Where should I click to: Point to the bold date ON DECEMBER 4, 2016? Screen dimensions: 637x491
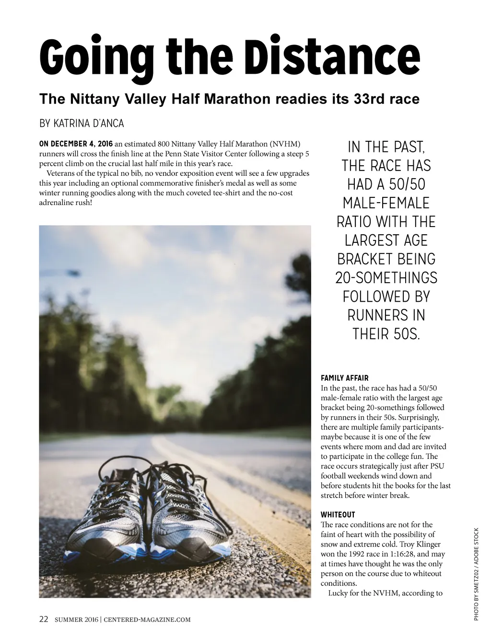pyautogui.click(x=76, y=144)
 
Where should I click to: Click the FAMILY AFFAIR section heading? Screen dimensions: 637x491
pyautogui.click(x=344, y=378)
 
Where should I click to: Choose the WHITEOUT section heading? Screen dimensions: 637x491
pyautogui.click(x=338, y=515)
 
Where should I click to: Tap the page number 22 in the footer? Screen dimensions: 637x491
pyautogui.click(x=44, y=619)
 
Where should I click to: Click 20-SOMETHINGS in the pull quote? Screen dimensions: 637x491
pyautogui.click(x=386, y=278)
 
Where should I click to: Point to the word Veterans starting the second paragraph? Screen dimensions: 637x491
pyautogui.click(x=61, y=173)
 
